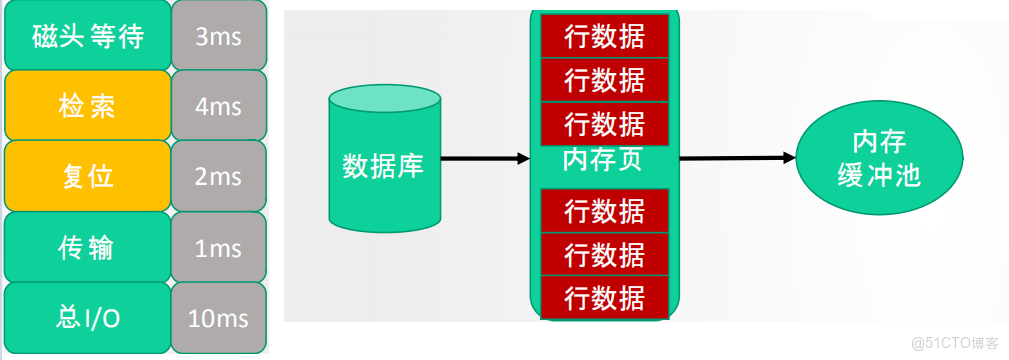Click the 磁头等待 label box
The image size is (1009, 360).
point(87,36)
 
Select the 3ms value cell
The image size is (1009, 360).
point(218,36)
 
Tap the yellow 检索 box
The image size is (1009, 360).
point(87,105)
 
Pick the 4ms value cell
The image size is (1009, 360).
point(218,105)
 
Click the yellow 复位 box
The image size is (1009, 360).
point(87,176)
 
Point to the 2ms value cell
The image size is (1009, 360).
point(218,176)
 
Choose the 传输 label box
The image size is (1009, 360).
point(87,247)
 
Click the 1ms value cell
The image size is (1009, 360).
point(218,247)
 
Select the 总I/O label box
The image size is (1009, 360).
point(87,318)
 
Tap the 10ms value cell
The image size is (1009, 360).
point(218,318)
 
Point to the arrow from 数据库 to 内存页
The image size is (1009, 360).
point(484,158)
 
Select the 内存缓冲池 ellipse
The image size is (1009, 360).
point(879,159)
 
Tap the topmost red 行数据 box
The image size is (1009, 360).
point(604,36)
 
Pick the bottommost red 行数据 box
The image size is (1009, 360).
point(604,297)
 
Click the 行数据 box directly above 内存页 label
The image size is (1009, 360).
point(604,124)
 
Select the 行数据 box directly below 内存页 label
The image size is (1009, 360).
point(604,210)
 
